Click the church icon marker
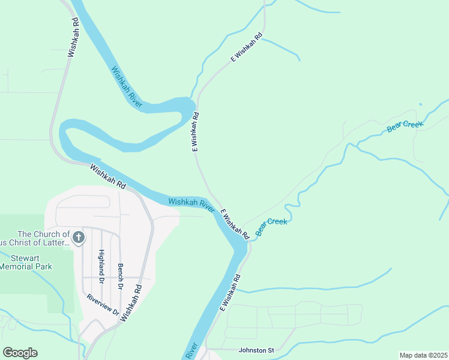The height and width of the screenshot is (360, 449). coord(77,239)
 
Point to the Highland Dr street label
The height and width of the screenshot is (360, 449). coord(101,266)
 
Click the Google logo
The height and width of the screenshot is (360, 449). coord(20,353)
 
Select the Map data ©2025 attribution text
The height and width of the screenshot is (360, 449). coord(423,355)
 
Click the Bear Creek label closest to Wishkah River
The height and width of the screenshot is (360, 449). coord(271,226)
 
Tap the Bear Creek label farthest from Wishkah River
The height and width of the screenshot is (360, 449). coord(405,126)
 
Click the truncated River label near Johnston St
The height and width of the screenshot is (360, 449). coord(191,351)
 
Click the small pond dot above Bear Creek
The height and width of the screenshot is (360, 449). coord(420,105)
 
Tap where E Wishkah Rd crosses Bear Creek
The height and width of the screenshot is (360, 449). coord(248,239)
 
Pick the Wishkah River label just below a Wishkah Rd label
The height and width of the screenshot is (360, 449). coord(191,205)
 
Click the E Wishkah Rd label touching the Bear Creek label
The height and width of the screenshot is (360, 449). coord(234,224)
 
